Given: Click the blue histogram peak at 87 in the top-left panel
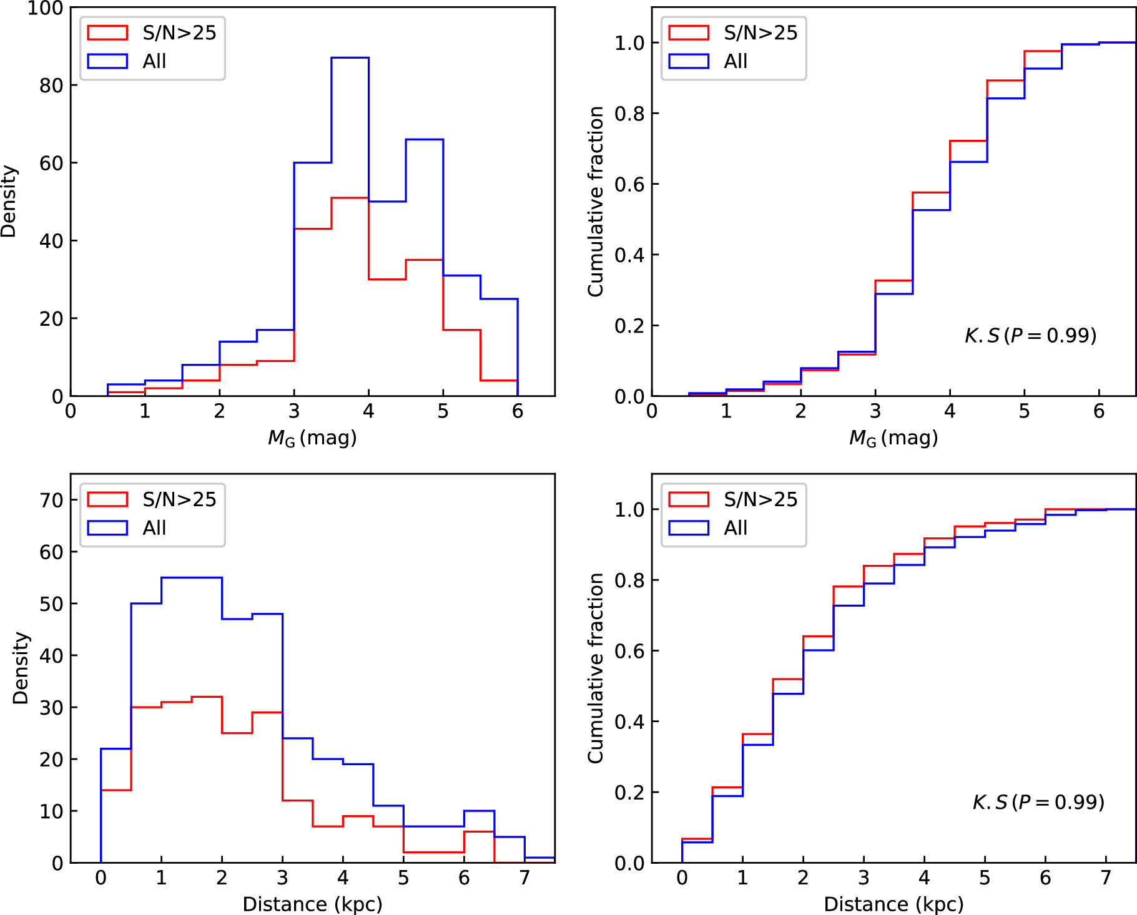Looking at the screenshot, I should click(350, 58).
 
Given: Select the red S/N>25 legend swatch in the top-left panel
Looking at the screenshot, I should click(107, 32).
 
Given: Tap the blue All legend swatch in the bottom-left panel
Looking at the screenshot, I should click(107, 528).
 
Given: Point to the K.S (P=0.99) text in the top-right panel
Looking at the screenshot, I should click(1030, 336).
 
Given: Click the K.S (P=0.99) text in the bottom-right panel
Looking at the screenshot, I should click(1038, 802).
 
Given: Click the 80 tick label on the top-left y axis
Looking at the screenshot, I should click(51, 86).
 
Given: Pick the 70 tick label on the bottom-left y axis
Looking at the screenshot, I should click(51, 501).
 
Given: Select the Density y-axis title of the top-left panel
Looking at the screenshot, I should click(9, 201).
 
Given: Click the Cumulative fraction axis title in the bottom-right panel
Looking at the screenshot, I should click(596, 668).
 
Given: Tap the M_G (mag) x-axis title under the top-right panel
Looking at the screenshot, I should click(893, 438).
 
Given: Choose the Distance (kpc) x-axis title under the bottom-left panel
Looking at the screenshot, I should click(312, 904).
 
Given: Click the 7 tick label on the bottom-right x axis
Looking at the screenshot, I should click(1106, 878).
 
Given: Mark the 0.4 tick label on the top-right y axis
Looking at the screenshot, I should click(629, 255).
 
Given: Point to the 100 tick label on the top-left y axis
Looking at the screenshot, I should click(45, 9).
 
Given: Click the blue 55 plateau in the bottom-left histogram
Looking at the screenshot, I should click(192, 578).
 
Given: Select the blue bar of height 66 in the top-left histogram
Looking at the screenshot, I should click(425, 140).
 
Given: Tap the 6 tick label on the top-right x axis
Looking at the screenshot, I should click(1099, 411).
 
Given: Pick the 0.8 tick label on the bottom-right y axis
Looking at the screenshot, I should click(629, 580).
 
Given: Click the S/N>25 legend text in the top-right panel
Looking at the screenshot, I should click(760, 32).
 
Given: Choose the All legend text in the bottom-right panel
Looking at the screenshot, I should click(736, 528).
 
